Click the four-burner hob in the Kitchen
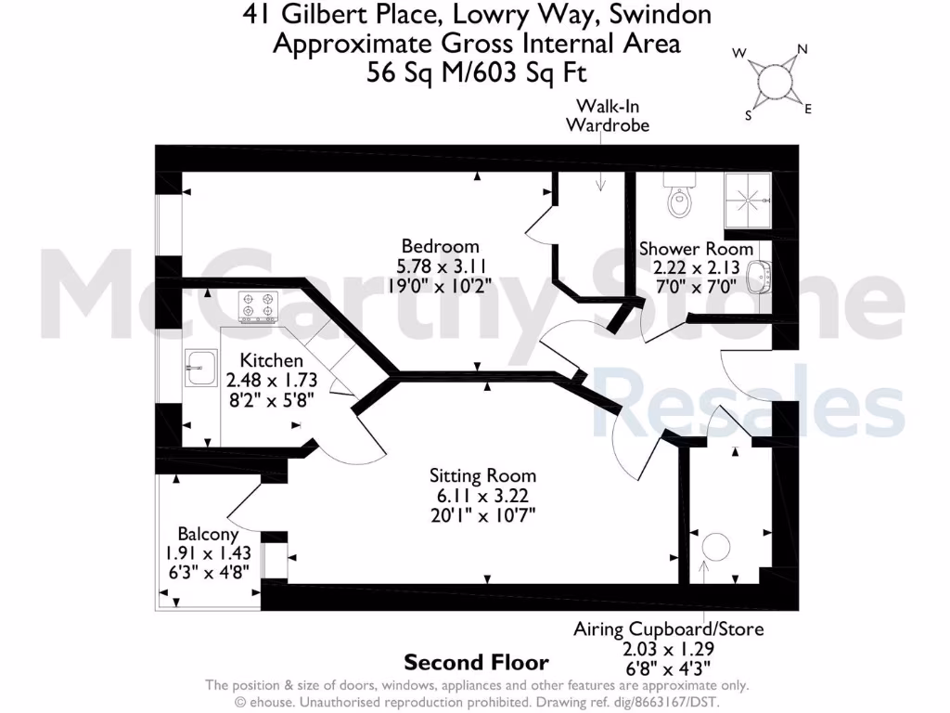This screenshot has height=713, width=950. point(259,307)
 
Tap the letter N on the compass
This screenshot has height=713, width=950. point(803,50)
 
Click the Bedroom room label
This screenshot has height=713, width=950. point(440,246)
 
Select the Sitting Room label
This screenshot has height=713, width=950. point(482,475)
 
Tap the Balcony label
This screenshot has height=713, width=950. point(208,535)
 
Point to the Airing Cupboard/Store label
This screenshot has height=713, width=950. point(668,629)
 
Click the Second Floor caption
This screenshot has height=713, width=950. point(476,663)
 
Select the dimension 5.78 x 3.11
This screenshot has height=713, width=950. point(440,265)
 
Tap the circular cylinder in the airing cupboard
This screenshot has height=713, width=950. point(717,547)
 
